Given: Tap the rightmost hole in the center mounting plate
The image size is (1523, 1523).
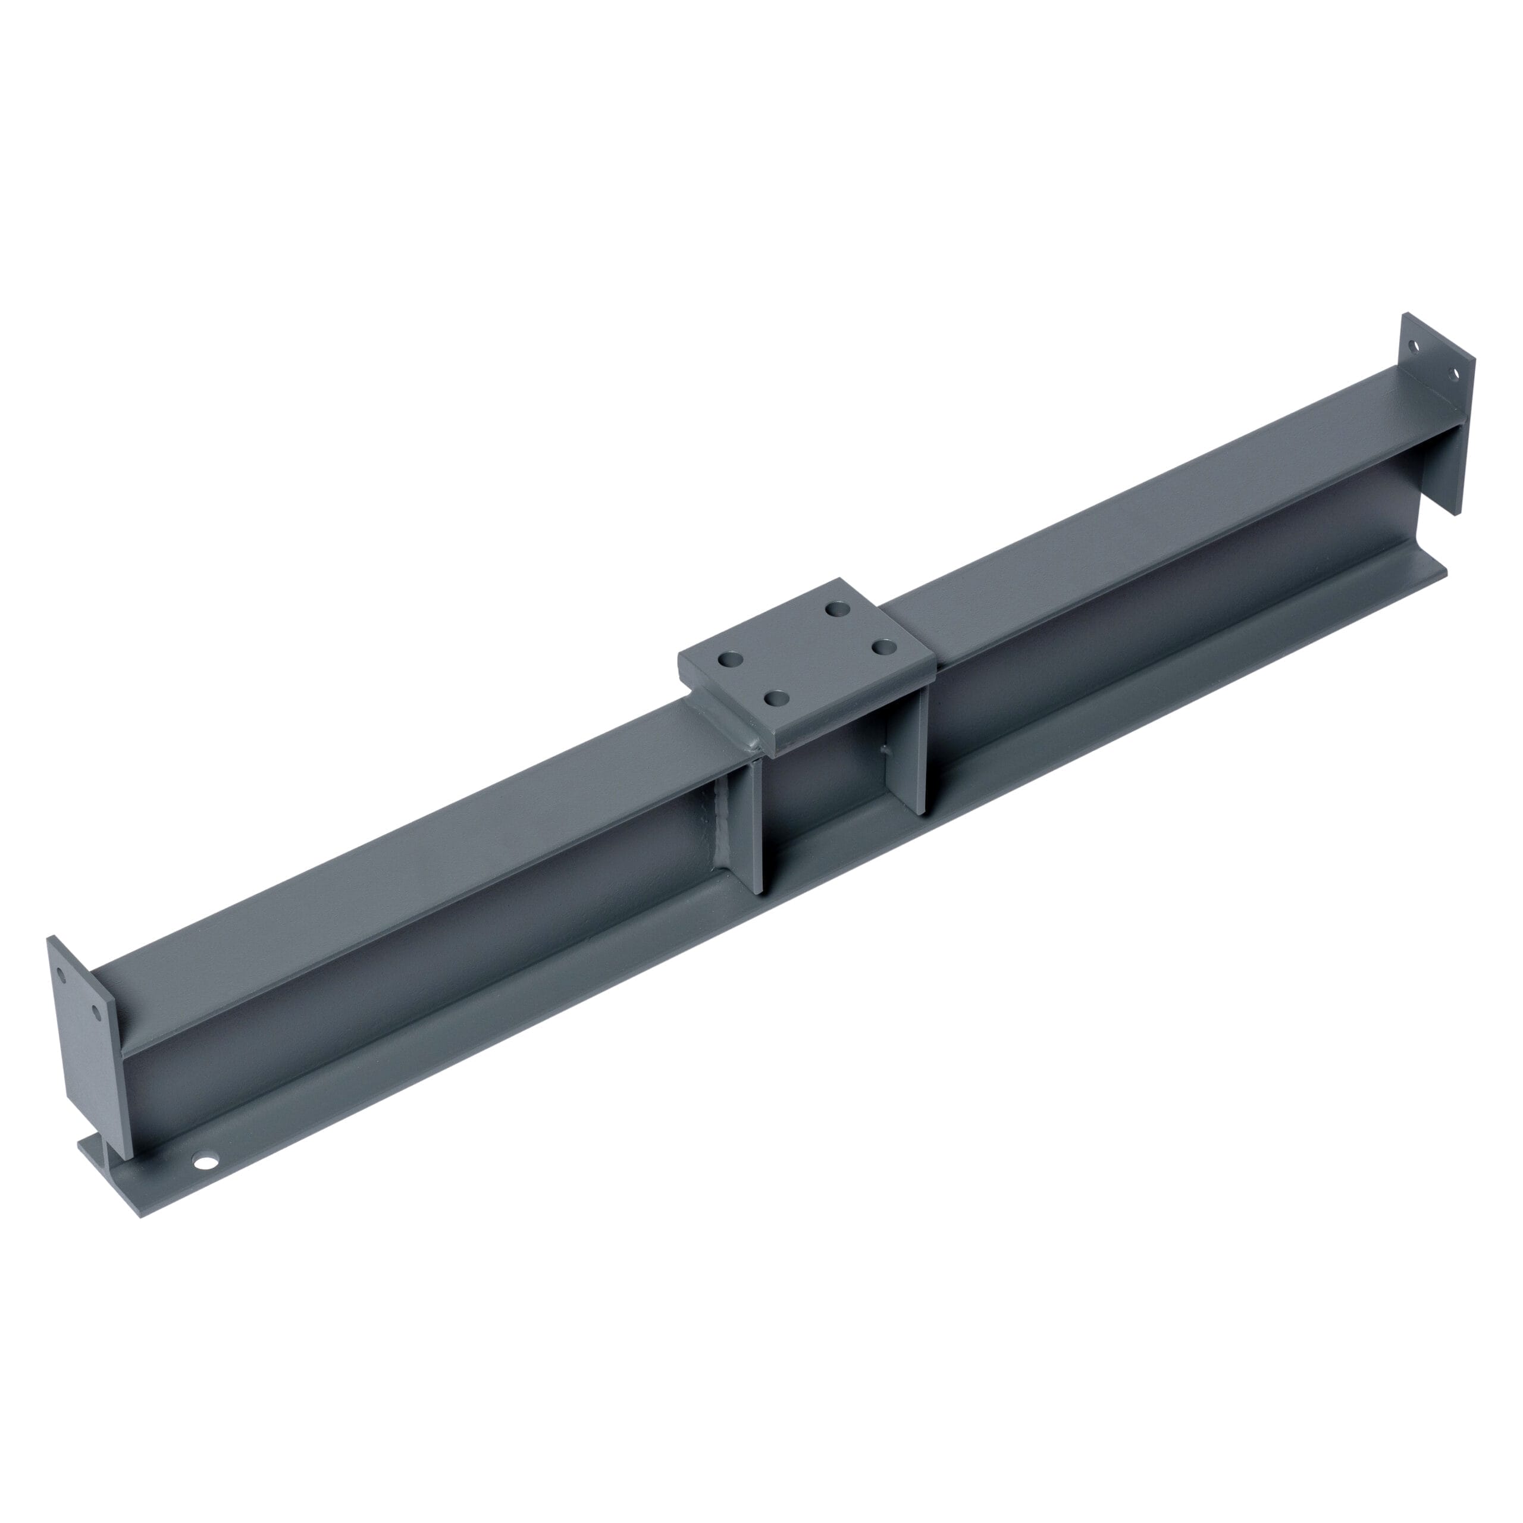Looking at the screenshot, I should pos(886,647).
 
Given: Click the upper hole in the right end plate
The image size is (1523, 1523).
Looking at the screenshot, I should pos(1414,346).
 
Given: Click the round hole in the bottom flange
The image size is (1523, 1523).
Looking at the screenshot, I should pos(206,1161).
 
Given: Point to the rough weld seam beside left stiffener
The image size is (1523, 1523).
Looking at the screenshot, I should pos(720,828).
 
